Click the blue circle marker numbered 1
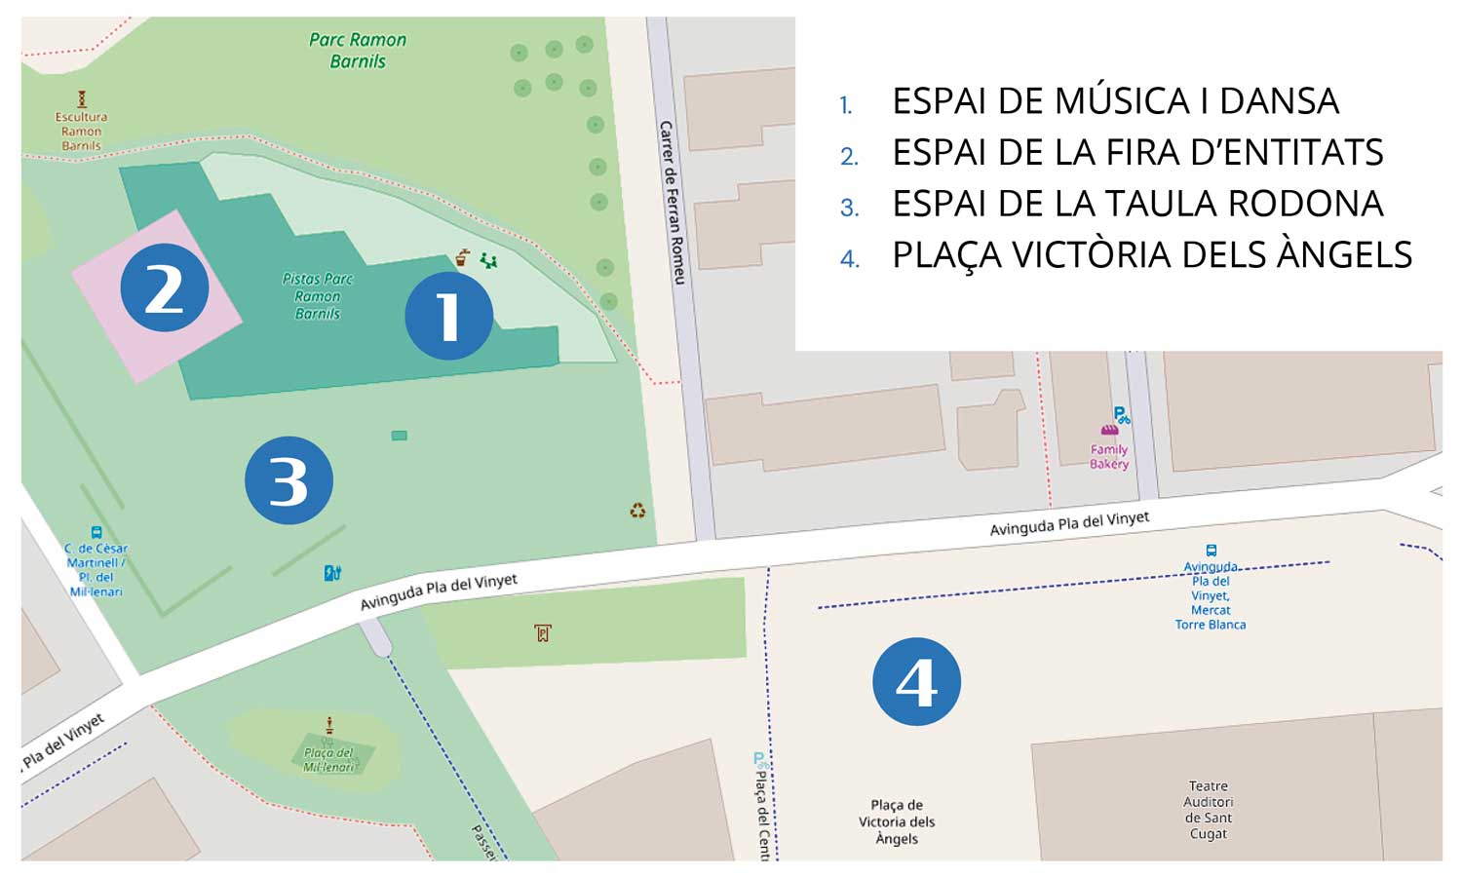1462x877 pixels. tap(448, 316)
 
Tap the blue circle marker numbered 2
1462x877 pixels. tap(164, 287)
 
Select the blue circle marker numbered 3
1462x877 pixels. tap(289, 480)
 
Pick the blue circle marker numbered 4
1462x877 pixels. tap(916, 681)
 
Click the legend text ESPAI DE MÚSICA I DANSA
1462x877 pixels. tap(1115, 101)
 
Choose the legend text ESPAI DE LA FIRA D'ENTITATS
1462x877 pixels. tap(1137, 153)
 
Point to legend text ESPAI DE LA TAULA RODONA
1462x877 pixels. tap(1137, 204)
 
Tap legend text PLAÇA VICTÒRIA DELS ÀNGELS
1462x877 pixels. tap(1152, 255)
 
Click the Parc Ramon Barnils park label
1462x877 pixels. tap(358, 51)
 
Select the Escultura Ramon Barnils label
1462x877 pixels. tap(81, 132)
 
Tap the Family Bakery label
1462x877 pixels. tap(1109, 456)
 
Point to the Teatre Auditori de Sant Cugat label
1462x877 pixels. tap(1208, 810)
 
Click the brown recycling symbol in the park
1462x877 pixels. tap(637, 511)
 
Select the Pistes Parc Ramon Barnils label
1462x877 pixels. tap(318, 296)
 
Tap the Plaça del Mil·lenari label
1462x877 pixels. tap(328, 759)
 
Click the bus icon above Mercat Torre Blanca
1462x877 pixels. tap(1211, 551)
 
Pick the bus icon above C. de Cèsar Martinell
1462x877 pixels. tap(96, 533)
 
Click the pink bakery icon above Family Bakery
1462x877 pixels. tap(1109, 430)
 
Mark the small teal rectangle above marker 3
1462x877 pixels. tap(399, 436)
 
